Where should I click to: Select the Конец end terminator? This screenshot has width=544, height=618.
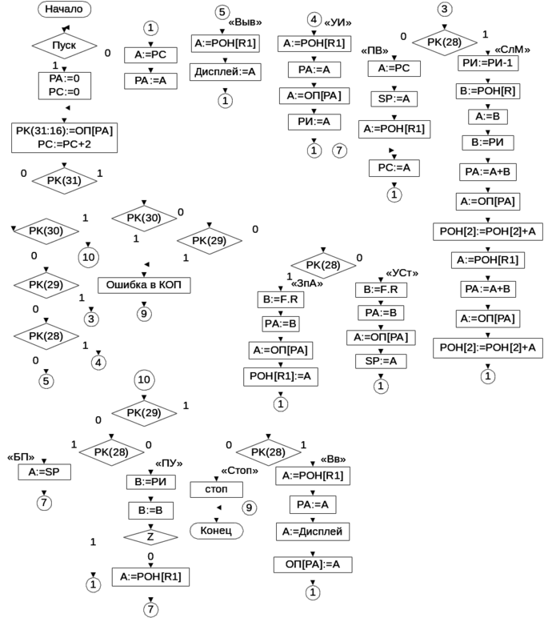[216, 530]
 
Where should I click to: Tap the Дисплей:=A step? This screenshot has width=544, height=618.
[225, 71]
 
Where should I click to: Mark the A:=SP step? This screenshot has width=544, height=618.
[44, 472]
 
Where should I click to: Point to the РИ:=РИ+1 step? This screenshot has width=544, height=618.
[485, 61]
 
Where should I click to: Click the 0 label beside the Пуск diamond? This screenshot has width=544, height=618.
[108, 52]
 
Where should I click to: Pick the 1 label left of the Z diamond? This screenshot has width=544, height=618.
[94, 542]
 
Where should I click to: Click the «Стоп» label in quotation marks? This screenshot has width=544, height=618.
[242, 471]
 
